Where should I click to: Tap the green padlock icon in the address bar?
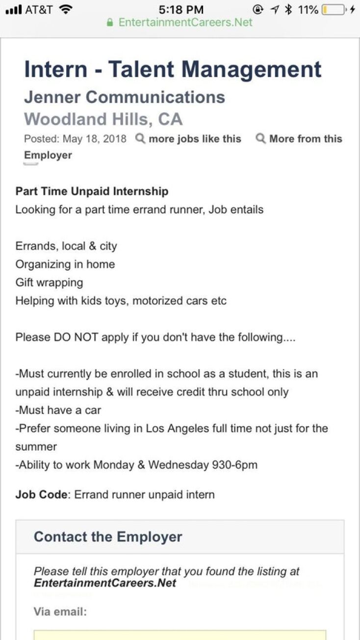tap(110, 23)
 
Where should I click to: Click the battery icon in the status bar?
tap(333, 9)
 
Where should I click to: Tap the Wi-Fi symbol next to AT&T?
tap(65, 9)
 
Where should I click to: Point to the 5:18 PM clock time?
tap(181, 9)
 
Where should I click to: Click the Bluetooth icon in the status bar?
tap(288, 9)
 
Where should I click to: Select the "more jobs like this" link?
tap(195, 139)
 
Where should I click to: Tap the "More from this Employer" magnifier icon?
tap(260, 139)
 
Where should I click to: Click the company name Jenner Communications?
tap(125, 97)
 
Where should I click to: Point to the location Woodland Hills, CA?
tap(103, 119)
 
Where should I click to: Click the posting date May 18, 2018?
tap(94, 139)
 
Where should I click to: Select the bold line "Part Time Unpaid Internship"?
tap(92, 191)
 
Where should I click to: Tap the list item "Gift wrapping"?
tap(49, 282)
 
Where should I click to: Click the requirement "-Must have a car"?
tap(58, 410)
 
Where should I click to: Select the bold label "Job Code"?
tap(41, 494)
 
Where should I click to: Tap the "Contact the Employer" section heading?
tap(108, 537)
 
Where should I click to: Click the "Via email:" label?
tap(60, 612)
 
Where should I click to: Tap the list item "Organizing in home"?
tap(65, 264)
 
